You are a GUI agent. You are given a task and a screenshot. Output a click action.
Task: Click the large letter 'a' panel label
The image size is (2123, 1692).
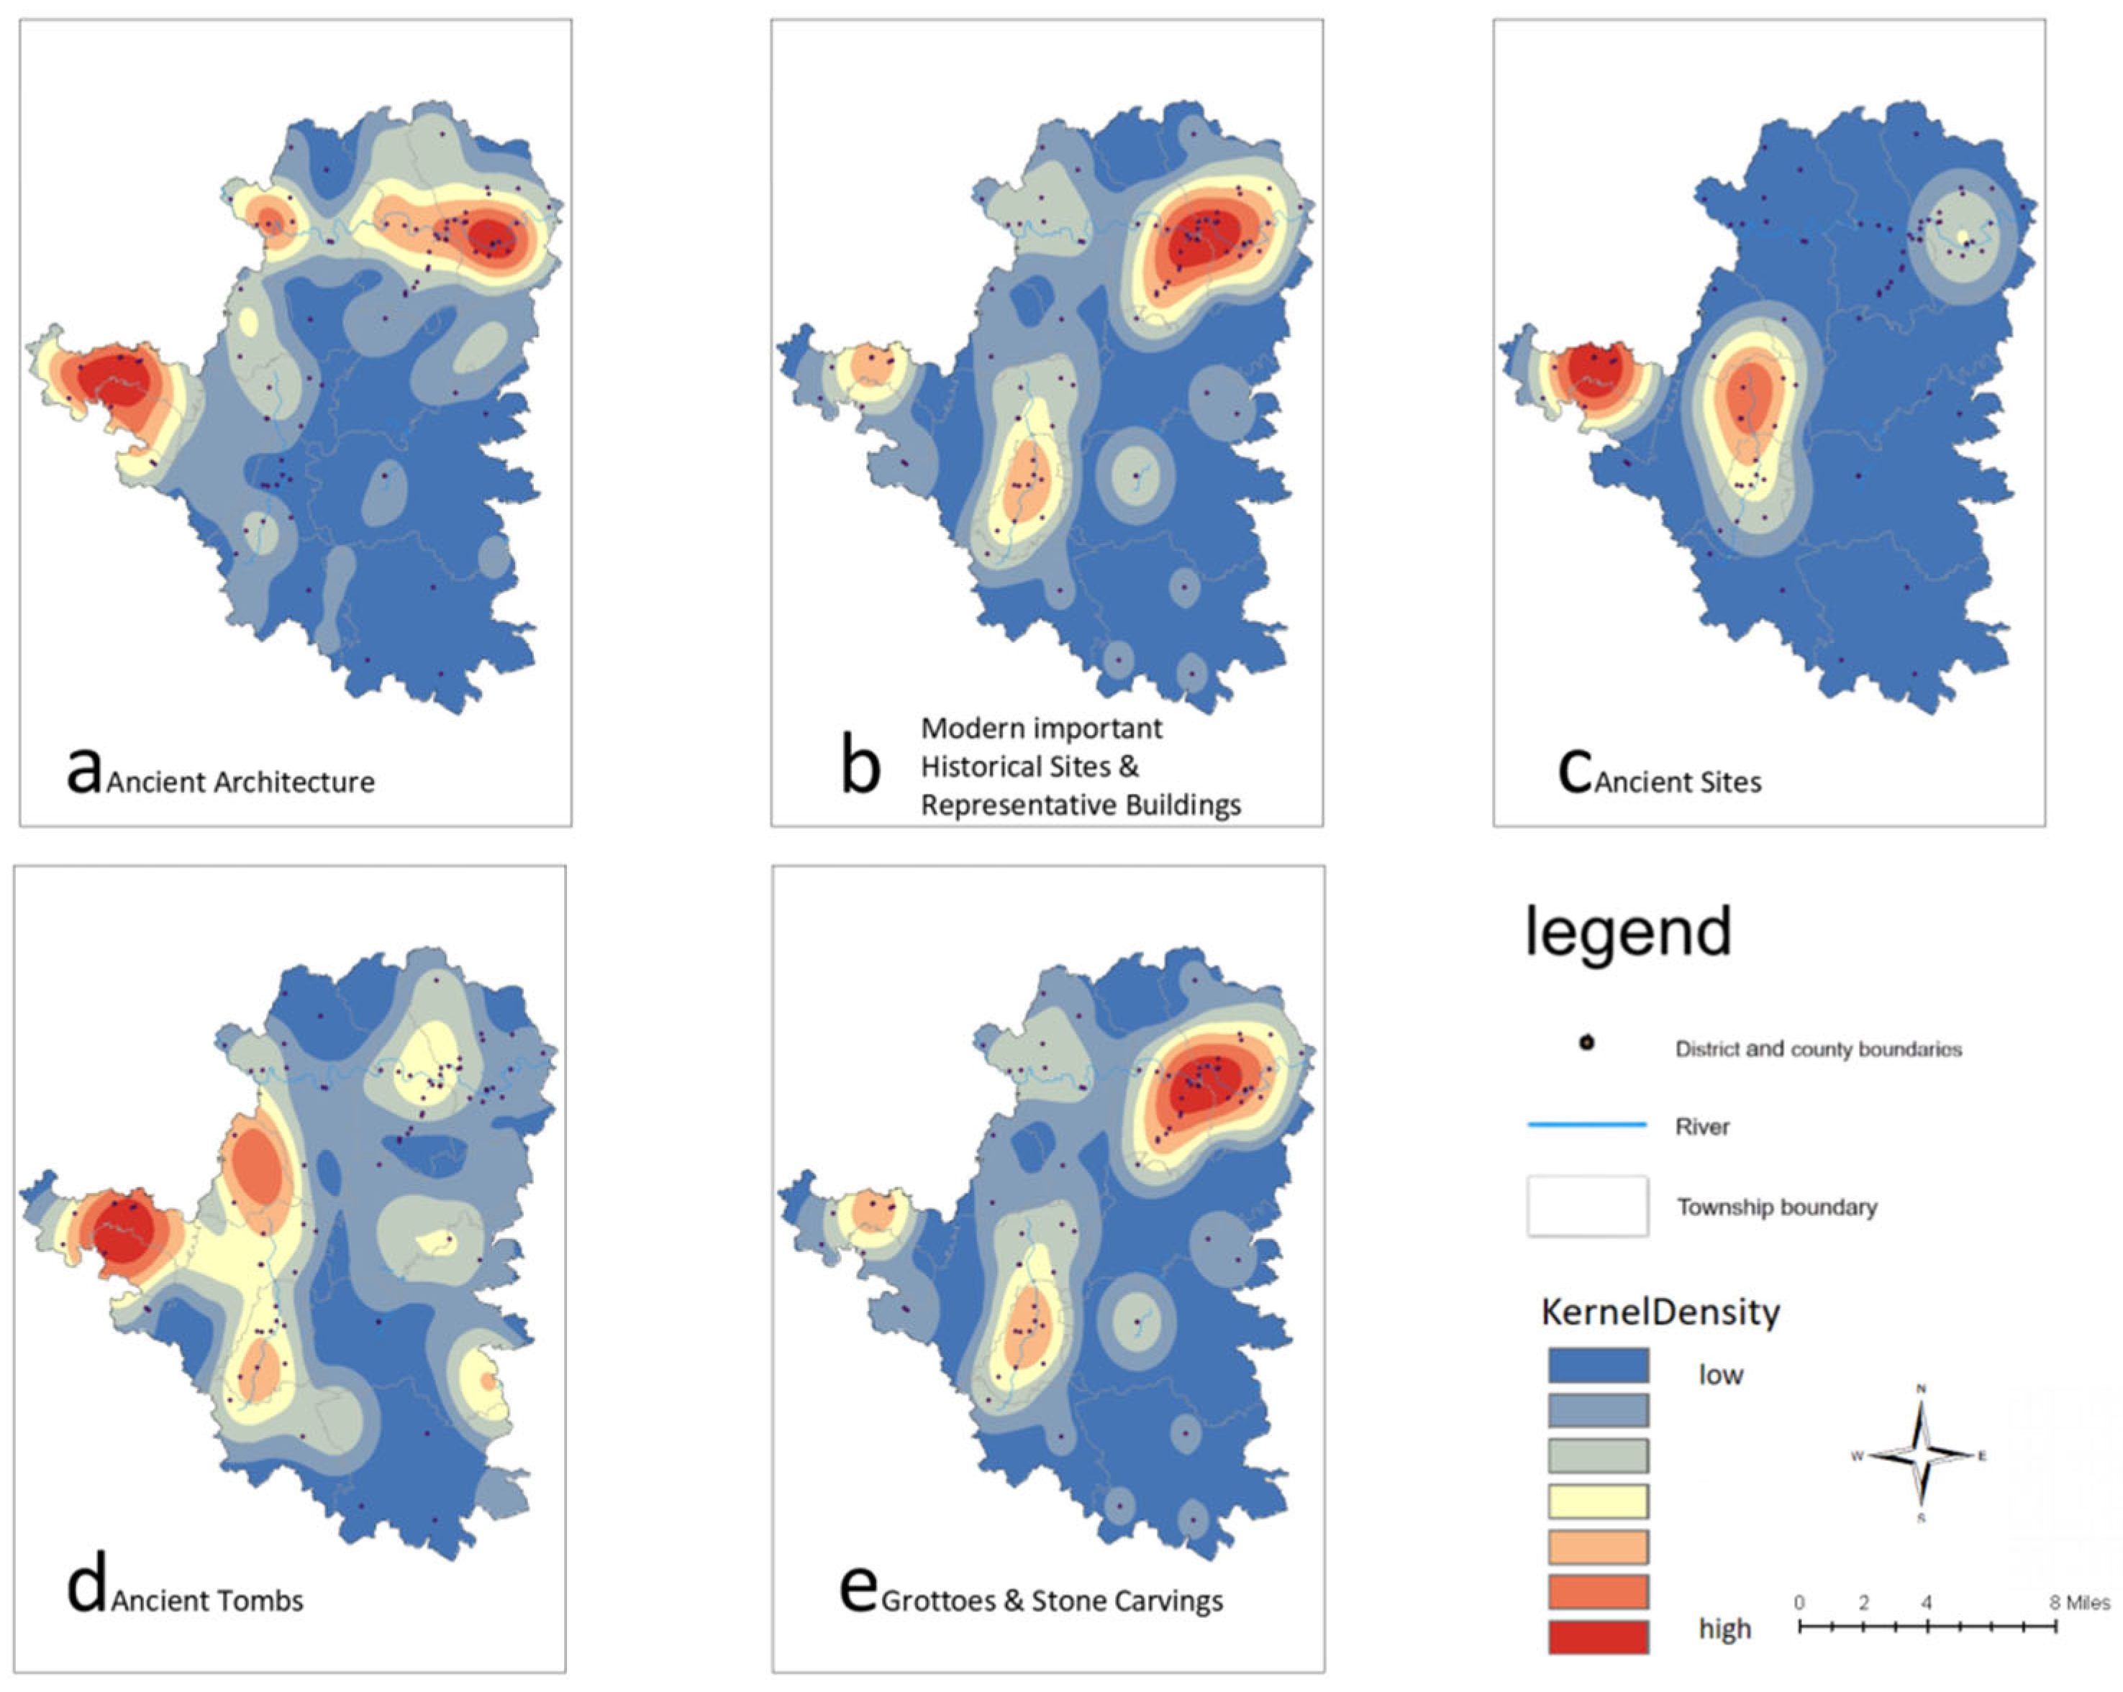[x=83, y=772]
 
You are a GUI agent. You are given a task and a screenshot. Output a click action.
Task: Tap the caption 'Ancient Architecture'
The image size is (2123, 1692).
[x=240, y=782]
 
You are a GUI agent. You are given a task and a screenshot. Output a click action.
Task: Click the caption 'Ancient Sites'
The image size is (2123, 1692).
[x=1678, y=782]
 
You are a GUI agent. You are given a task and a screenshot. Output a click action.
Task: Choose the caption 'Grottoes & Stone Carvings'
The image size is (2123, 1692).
[x=1052, y=1601]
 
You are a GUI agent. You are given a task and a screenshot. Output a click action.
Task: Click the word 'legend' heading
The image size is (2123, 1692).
[x=1628, y=931]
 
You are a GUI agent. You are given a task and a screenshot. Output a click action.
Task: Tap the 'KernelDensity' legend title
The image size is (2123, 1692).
[x=1660, y=1312]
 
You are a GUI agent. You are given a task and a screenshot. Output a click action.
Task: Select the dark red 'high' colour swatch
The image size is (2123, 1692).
[x=1598, y=1637]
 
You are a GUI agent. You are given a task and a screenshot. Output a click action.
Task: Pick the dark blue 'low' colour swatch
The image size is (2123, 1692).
[x=1598, y=1366]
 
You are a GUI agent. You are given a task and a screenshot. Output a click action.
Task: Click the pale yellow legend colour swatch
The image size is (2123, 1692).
[x=1598, y=1501]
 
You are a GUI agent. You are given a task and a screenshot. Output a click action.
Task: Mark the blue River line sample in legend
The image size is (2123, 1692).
[x=1586, y=1124]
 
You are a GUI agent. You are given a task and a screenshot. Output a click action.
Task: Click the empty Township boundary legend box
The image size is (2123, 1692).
[x=1587, y=1206]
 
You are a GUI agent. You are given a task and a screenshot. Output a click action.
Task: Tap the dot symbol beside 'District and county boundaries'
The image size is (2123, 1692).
[x=1586, y=1043]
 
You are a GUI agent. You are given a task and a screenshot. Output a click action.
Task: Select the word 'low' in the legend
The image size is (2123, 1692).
[x=1720, y=1375]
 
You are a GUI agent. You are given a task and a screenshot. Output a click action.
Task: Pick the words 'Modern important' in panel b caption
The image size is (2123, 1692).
[x=1041, y=728]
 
